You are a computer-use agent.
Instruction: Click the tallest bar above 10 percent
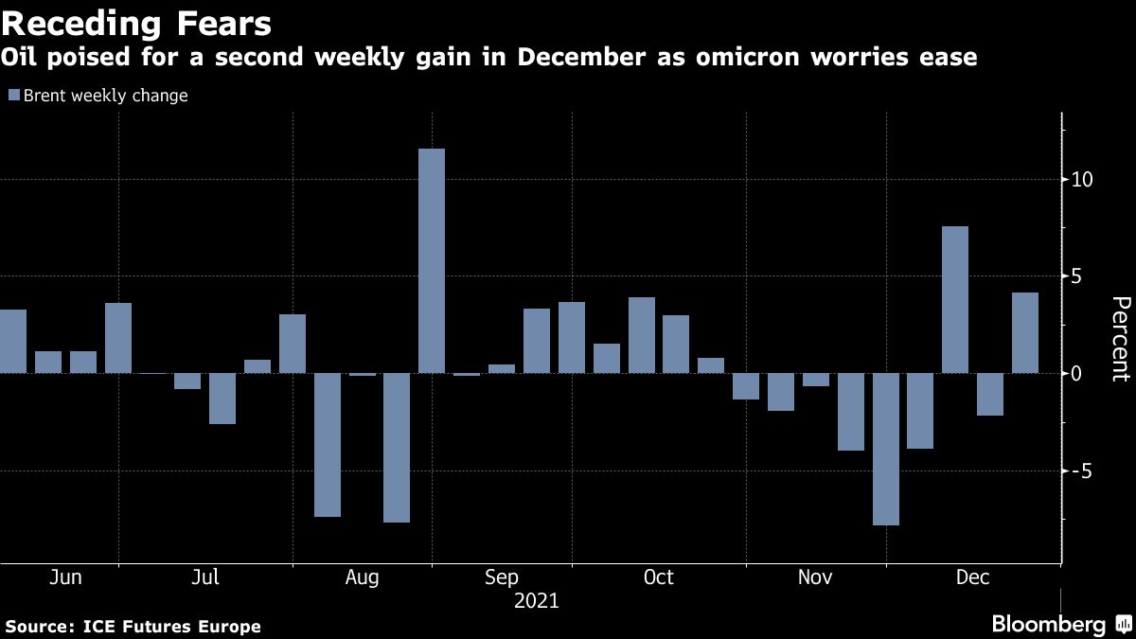(x=432, y=260)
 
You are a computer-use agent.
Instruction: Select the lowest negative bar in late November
(x=885, y=449)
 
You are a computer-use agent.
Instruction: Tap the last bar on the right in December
(x=1025, y=332)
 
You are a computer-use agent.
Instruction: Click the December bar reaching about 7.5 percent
(x=955, y=299)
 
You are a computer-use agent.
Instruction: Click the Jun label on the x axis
(x=64, y=577)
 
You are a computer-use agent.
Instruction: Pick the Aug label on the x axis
(x=364, y=577)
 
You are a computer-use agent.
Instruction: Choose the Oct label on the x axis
(x=658, y=577)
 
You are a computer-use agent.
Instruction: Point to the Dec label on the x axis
(x=971, y=577)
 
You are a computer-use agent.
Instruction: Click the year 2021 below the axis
(x=536, y=601)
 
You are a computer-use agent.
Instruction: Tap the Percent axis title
(x=1120, y=339)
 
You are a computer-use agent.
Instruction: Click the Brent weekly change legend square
(x=13, y=96)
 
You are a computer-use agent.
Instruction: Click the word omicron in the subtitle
(x=725, y=59)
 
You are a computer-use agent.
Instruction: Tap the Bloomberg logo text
(x=1048, y=625)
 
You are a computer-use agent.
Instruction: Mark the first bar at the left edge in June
(x=12, y=341)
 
